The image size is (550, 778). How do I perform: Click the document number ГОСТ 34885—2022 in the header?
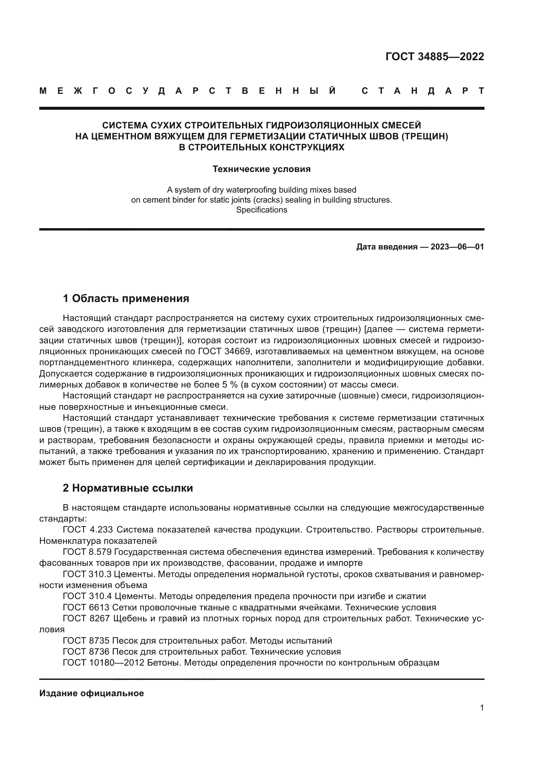pyautogui.click(x=435, y=57)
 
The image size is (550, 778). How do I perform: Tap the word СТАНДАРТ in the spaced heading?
pyautogui.click(x=423, y=91)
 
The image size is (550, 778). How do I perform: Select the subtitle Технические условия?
pyautogui.click(x=261, y=169)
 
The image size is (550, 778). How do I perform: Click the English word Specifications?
pyautogui.click(x=261, y=210)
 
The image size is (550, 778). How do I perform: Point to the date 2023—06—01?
pyautogui.click(x=457, y=247)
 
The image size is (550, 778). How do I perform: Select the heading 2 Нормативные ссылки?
pyautogui.click(x=128, y=488)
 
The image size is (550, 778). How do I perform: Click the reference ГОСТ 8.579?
pyautogui.click(x=87, y=552)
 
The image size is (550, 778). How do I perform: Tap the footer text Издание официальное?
pyautogui.click(x=91, y=693)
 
